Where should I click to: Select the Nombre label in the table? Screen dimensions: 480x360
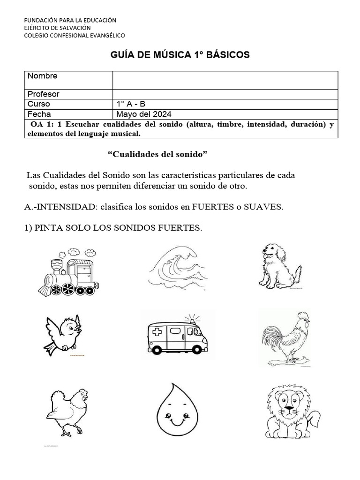[x=42, y=76]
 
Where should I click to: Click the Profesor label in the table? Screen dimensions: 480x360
[x=43, y=94]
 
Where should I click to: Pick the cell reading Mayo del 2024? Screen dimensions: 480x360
[x=144, y=114]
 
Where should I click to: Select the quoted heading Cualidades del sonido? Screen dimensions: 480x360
[x=157, y=155]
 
